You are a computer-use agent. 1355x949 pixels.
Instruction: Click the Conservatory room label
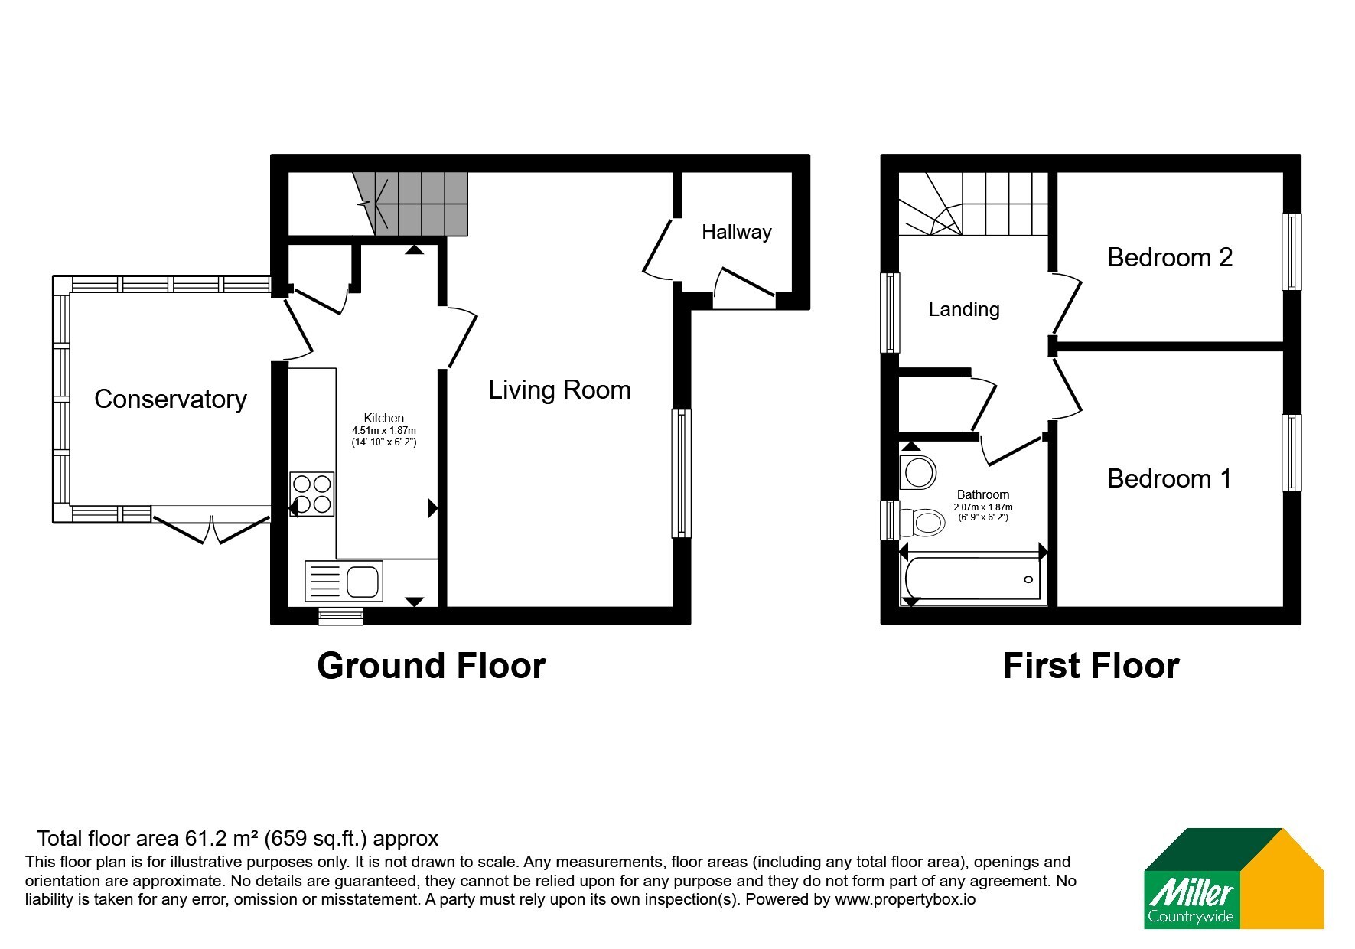(170, 399)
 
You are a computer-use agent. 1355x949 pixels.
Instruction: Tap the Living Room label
(559, 390)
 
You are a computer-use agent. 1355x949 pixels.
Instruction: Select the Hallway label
(736, 233)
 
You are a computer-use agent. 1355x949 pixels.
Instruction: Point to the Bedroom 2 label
(1170, 257)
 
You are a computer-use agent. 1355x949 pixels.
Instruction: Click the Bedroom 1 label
(1169, 478)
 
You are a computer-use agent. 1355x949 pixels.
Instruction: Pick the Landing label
(964, 310)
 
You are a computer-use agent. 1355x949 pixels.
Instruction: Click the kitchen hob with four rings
(312, 494)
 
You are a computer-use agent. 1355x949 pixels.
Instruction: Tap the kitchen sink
(343, 581)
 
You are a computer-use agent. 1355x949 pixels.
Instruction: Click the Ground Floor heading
(432, 666)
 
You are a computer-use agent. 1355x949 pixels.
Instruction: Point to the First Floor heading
(1091, 666)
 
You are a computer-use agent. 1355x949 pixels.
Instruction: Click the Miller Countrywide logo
(1233, 879)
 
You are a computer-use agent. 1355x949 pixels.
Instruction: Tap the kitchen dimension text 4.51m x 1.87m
(384, 431)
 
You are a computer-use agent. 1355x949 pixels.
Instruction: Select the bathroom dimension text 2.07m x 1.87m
(983, 507)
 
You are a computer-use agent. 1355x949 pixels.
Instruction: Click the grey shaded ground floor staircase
(413, 204)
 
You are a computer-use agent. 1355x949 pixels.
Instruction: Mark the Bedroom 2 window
(1291, 252)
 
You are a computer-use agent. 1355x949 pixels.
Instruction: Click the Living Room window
(681, 473)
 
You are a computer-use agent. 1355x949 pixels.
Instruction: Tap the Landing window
(890, 312)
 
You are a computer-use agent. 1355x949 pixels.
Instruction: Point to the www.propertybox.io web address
(905, 900)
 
